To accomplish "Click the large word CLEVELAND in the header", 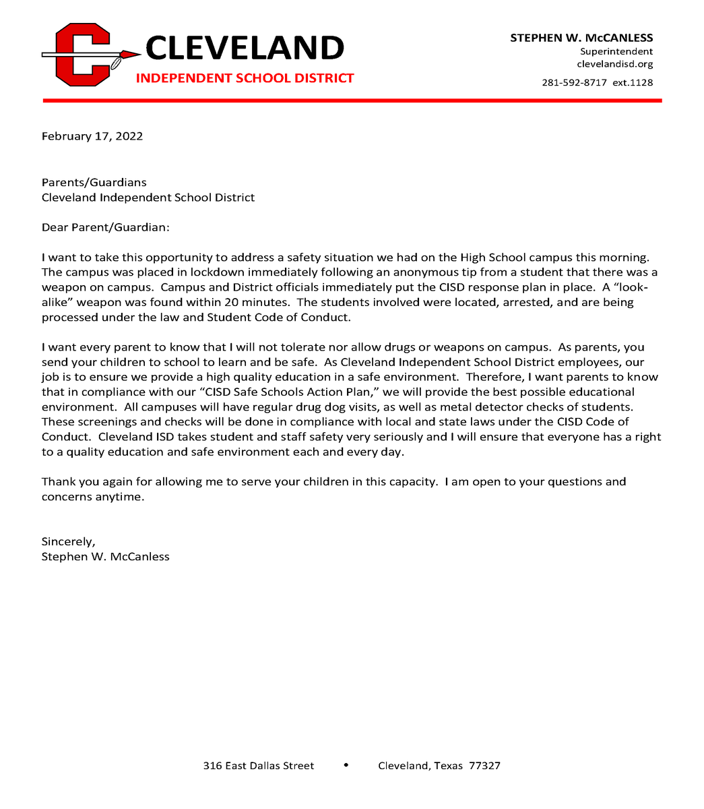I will (x=245, y=49).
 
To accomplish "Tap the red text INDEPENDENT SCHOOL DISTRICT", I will (x=245, y=78).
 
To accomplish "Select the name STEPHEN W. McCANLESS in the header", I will (x=581, y=38).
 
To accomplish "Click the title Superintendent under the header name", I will (x=616, y=51).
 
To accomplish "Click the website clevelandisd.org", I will (x=614, y=64).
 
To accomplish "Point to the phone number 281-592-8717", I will (x=574, y=82).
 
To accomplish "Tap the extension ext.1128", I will (x=633, y=82).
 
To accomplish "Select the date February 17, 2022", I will (x=92, y=136).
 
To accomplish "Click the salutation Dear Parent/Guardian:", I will (x=106, y=227).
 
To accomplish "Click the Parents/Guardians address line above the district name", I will (x=94, y=183).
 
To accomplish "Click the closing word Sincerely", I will (x=68, y=541).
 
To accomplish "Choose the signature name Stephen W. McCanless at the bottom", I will (x=105, y=556).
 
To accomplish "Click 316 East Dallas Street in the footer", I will (x=259, y=766).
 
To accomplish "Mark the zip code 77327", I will (x=484, y=766).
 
